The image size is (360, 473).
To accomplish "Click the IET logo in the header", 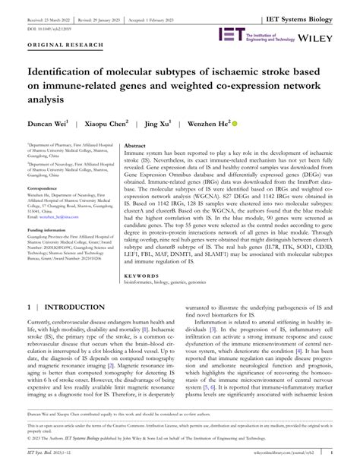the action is click(x=231, y=34).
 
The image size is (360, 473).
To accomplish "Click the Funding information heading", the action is click(x=49, y=229).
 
